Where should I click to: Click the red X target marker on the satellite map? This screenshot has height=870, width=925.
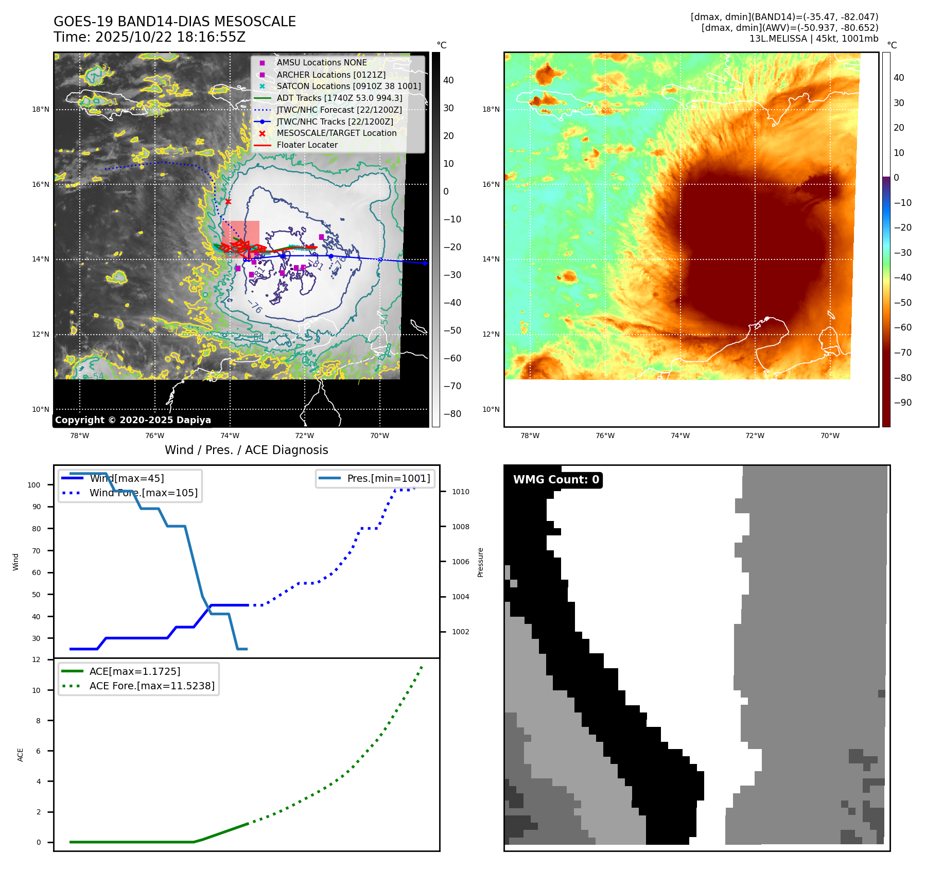pyautogui.click(x=228, y=201)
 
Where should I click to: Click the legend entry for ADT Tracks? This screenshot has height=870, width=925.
pyautogui.click(x=339, y=98)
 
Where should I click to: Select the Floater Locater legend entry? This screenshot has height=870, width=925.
pyautogui.click(x=307, y=145)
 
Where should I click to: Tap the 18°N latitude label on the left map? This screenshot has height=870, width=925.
pyautogui.click(x=41, y=109)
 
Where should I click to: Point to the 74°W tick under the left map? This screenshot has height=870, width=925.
pyautogui.click(x=230, y=436)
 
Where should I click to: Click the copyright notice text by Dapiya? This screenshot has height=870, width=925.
pyautogui.click(x=133, y=420)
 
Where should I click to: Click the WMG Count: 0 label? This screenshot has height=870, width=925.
pyautogui.click(x=556, y=480)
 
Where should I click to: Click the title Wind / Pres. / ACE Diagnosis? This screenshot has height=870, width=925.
pyautogui.click(x=246, y=450)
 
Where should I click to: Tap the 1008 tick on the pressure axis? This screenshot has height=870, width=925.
pyautogui.click(x=461, y=527)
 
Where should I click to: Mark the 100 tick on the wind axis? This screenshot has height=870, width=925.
pyautogui.click(x=34, y=485)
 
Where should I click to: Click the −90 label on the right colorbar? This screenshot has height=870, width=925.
pyautogui.click(x=902, y=403)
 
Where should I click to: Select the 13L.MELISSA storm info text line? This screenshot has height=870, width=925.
pyautogui.click(x=813, y=39)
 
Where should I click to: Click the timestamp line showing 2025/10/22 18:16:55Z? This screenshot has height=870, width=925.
pyautogui.click(x=149, y=37)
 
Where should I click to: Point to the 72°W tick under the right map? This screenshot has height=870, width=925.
pyautogui.click(x=755, y=436)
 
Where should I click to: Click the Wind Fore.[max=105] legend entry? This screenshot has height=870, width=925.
pyautogui.click(x=143, y=493)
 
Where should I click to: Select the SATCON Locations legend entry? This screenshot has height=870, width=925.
pyautogui.click(x=348, y=86)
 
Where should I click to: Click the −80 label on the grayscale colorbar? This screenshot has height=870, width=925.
pyautogui.click(x=452, y=414)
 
